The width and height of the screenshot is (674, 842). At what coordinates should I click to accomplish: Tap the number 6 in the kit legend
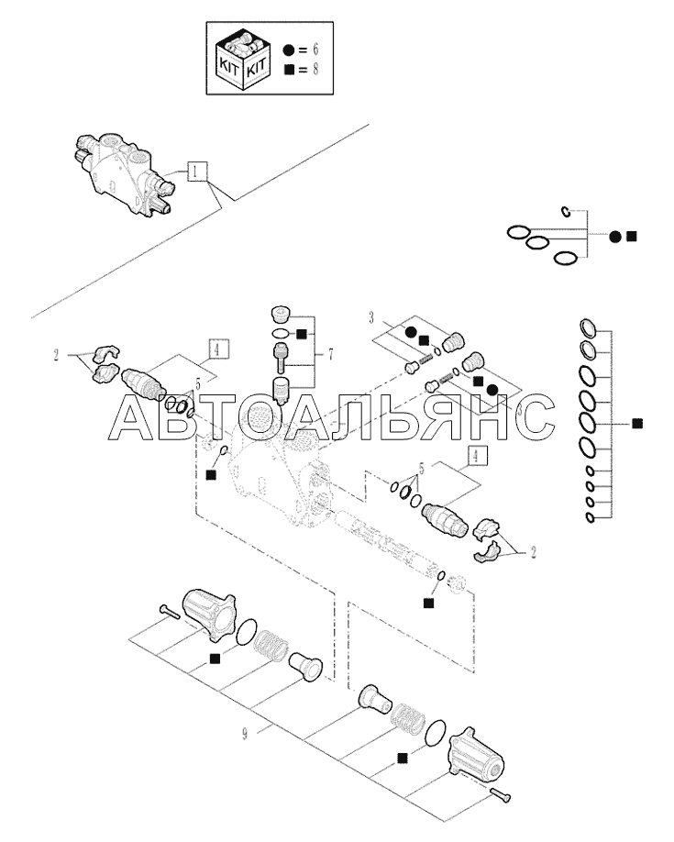pyautogui.click(x=315, y=50)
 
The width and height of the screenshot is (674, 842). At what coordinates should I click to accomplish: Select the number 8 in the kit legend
pyautogui.click(x=315, y=70)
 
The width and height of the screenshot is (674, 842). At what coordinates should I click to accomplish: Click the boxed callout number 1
pyautogui.click(x=197, y=172)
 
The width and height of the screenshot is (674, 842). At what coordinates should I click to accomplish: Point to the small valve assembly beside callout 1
pyautogui.click(x=123, y=173)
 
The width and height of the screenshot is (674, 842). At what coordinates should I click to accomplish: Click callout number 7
pyautogui.click(x=330, y=354)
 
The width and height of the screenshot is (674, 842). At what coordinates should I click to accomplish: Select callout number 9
pyautogui.click(x=245, y=734)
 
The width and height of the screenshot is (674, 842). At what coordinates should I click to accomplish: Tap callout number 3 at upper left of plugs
pyautogui.click(x=371, y=318)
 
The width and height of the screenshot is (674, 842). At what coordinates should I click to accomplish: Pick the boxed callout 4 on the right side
pyautogui.click(x=476, y=457)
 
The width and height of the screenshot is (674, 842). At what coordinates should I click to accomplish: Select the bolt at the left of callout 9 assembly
pyautogui.click(x=170, y=611)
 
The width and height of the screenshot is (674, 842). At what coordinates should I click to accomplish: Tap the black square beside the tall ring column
pyautogui.click(x=637, y=423)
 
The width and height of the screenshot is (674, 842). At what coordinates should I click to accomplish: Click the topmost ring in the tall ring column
pyautogui.click(x=588, y=328)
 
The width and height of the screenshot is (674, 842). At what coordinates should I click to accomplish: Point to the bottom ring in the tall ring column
pyautogui.click(x=590, y=518)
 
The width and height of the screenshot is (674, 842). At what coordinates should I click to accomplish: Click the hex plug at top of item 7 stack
pyautogui.click(x=281, y=312)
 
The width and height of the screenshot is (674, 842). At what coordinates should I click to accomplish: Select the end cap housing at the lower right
pyautogui.click(x=476, y=755)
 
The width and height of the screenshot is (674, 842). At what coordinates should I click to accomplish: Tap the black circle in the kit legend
pyautogui.click(x=289, y=50)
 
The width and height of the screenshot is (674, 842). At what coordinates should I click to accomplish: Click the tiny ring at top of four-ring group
pyautogui.click(x=566, y=212)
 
